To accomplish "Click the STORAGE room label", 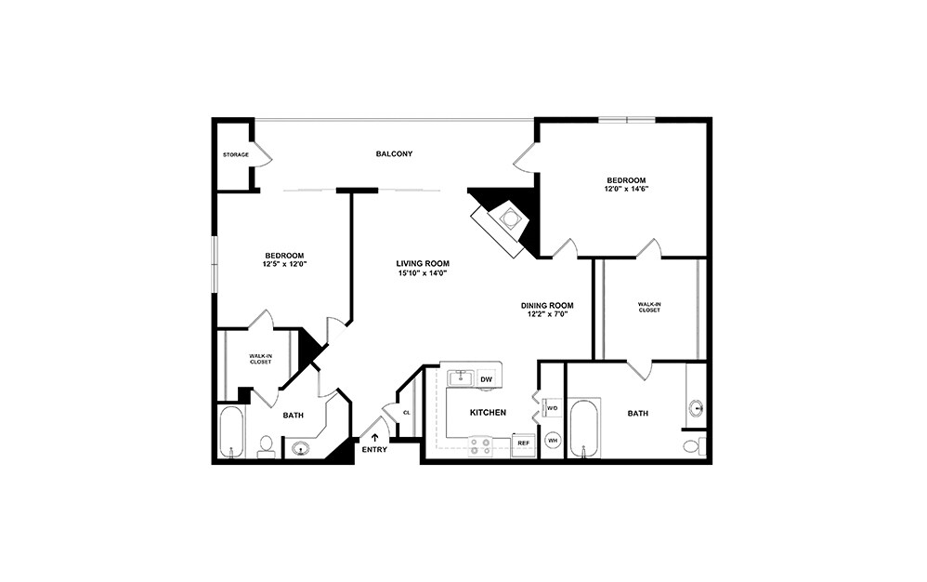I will [235, 154].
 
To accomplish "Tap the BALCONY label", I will [394, 153].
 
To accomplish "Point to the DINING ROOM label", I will [547, 305].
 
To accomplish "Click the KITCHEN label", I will [488, 412].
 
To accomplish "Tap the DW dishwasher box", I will [487, 378].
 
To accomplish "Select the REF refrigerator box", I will [523, 443].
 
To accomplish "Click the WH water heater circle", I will [552, 441].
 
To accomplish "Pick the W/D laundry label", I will [552, 408].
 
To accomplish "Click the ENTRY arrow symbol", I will [375, 438].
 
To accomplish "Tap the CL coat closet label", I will [406, 412].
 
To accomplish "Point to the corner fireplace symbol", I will [508, 219].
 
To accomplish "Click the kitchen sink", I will [460, 377].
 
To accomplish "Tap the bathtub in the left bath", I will [230, 431].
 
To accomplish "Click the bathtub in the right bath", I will [584, 429].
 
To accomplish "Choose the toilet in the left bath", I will [265, 447].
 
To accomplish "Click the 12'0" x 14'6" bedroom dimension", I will [626, 189].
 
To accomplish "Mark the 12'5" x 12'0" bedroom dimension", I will [284, 264].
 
